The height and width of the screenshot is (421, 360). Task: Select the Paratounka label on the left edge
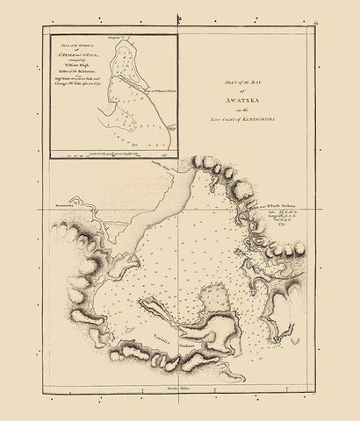pos(60,211)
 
